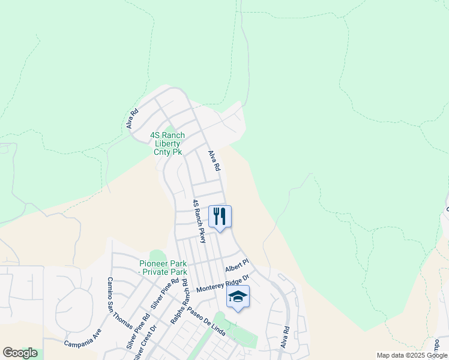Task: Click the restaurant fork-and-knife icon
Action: click(220, 217)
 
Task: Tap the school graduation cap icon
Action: click(238, 296)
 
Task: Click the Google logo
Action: click(20, 353)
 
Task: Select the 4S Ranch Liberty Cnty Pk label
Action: click(167, 144)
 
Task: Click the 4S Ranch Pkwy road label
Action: click(199, 221)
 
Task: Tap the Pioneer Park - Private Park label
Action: click(163, 268)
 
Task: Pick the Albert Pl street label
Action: click(237, 265)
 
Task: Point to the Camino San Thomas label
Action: click(119, 302)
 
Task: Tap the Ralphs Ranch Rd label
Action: click(179, 302)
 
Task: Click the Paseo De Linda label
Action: click(206, 323)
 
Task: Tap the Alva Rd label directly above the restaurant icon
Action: click(214, 161)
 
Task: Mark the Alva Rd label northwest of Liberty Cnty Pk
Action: click(133, 118)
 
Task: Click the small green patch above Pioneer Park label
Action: click(157, 256)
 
